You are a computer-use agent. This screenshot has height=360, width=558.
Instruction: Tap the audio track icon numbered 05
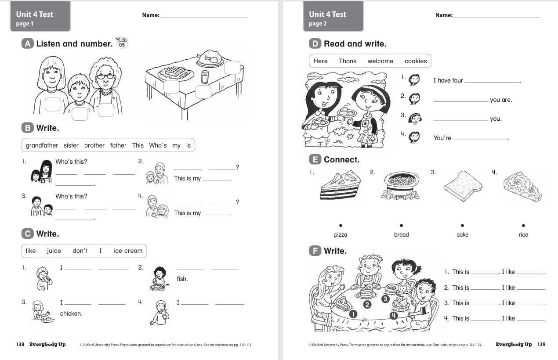click(121, 43)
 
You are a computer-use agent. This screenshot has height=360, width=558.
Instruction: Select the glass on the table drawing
click(205, 77)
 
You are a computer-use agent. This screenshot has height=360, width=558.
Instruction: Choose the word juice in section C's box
click(54, 251)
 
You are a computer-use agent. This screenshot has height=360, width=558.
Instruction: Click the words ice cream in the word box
click(128, 251)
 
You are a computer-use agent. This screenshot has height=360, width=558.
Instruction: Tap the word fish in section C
click(182, 279)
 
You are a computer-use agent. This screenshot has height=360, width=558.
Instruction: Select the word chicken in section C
click(71, 313)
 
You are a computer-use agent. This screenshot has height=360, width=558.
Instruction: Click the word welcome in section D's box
click(380, 61)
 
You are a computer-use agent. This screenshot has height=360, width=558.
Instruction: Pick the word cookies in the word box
click(416, 61)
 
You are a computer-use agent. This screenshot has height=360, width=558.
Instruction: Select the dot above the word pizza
click(341, 225)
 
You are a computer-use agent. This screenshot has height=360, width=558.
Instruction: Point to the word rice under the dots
click(523, 234)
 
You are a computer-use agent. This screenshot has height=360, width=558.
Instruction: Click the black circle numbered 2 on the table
click(368, 304)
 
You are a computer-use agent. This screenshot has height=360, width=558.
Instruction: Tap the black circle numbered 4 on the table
click(394, 315)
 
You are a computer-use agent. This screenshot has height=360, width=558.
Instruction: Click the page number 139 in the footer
click(541, 345)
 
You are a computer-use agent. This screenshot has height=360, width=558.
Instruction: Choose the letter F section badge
click(315, 251)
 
